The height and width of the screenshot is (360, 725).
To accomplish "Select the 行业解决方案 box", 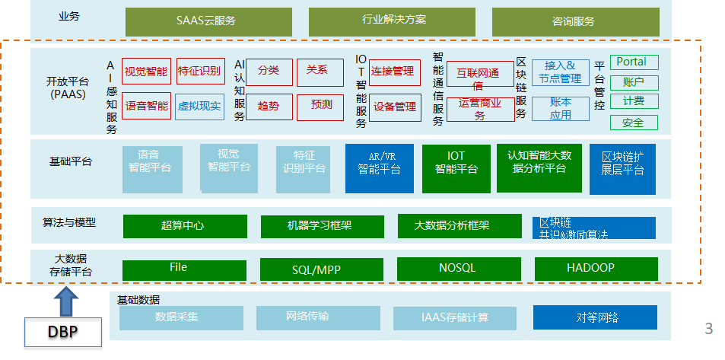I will tap(392, 21).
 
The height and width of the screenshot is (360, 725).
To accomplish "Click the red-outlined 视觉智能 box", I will tap(145, 72).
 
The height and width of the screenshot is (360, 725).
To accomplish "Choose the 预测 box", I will tap(321, 105).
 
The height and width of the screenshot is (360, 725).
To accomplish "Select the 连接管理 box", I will tap(395, 72).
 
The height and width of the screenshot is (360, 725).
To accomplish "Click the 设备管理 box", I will tap(395, 107).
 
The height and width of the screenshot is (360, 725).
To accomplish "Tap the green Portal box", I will tap(633, 62).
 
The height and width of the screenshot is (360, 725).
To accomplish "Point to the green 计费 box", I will tap(633, 101).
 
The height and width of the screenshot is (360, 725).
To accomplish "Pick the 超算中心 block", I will tap(185, 226).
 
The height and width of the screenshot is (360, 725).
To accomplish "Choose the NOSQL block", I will tap(458, 269).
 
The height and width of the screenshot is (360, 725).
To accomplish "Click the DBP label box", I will tap(62, 332).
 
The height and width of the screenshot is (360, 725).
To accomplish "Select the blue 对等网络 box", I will tap(594, 317).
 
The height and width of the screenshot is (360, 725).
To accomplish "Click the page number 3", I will tap(709, 329).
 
